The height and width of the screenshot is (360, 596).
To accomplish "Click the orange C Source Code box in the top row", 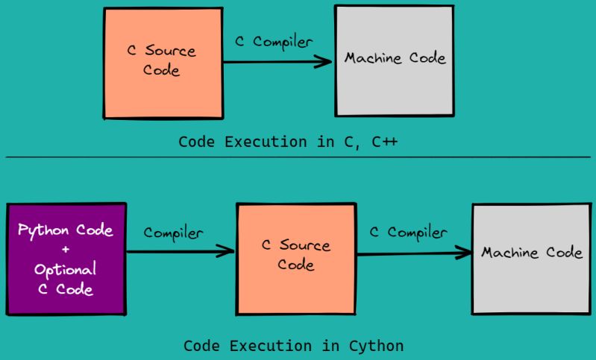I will click(163, 63).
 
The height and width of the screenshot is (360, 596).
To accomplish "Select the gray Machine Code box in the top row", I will click(394, 60).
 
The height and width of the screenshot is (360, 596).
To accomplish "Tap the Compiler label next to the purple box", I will click(173, 233).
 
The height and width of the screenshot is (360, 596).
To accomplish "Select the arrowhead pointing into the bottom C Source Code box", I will click(227, 252).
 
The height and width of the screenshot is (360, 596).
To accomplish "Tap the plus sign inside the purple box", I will click(66, 250).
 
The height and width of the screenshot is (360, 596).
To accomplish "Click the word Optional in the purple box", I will click(66, 270).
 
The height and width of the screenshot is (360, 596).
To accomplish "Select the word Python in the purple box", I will click(41, 230).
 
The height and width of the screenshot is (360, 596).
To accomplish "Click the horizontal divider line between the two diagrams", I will click(298, 157).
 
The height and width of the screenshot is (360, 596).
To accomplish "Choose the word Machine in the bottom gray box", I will click(510, 253).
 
